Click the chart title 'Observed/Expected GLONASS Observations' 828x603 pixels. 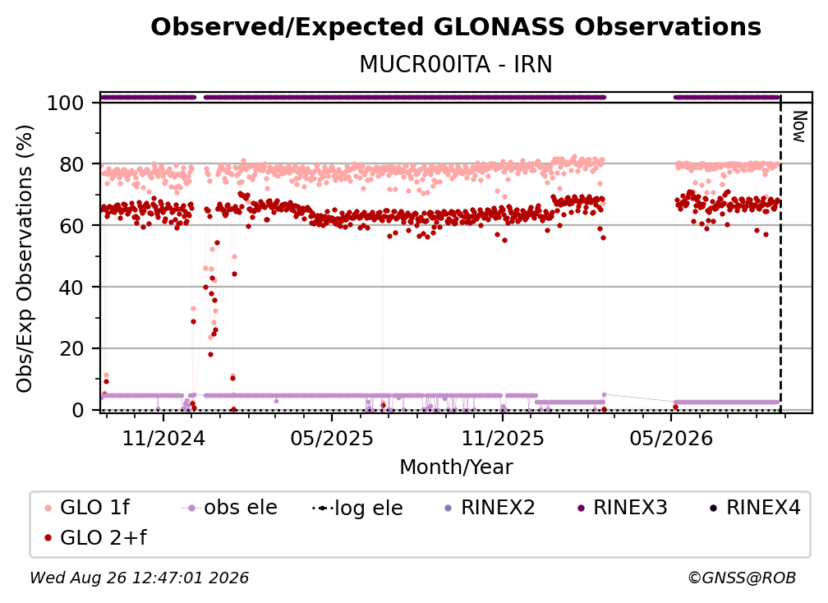[x=456, y=27]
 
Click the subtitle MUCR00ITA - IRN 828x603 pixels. [x=456, y=64]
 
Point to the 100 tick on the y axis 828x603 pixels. [x=65, y=103]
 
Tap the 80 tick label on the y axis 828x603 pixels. [x=71, y=165]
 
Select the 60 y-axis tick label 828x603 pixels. [x=71, y=226]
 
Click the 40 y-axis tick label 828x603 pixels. [x=71, y=288]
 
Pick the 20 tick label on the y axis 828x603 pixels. [x=71, y=349]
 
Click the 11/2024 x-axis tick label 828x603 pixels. [x=163, y=438]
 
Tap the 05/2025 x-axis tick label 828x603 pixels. [x=332, y=438]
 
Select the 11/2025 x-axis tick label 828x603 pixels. [x=503, y=438]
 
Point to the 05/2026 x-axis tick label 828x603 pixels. [x=671, y=438]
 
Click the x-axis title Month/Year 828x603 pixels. [x=456, y=467]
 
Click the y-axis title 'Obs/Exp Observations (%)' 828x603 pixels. [x=25, y=259]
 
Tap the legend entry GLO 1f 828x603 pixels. [x=88, y=508]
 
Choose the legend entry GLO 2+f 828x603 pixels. [x=96, y=537]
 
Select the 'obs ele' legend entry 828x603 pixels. [x=229, y=508]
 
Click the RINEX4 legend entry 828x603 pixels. [x=755, y=508]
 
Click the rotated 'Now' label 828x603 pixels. [x=800, y=127]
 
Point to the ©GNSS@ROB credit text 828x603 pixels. [x=742, y=578]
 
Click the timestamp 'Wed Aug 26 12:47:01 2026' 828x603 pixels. [x=140, y=578]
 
